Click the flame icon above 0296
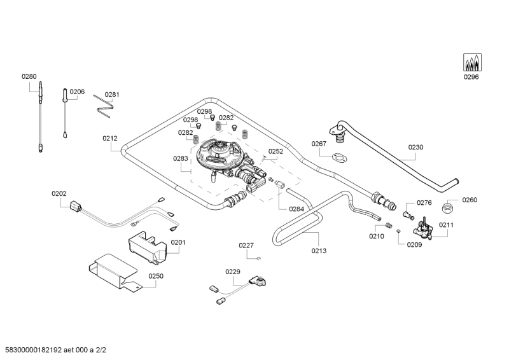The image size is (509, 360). [471, 62]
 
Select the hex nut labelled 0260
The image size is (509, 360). [448, 207]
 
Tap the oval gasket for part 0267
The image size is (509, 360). [340, 156]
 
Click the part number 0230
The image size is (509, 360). [415, 147]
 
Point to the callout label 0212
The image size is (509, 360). [110, 137]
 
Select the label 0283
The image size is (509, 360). [181, 159]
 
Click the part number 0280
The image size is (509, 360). [29, 76]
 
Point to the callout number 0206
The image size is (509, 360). [77, 92]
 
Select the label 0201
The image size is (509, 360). [178, 242]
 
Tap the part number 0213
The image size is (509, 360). [319, 251]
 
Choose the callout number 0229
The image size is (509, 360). [233, 272]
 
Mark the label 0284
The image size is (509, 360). [296, 209]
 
